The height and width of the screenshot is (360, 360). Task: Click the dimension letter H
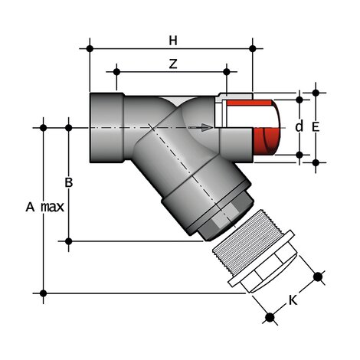[173, 38]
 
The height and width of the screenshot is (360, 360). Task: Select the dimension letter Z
[173, 64]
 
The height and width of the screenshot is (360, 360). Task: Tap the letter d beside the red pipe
[299, 126]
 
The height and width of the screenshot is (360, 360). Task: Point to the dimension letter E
[316, 126]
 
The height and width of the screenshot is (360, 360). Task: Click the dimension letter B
[68, 182]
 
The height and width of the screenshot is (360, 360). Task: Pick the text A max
[44, 207]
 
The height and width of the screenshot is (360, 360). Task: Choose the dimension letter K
[293, 299]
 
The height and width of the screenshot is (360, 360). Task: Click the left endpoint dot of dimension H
[90, 48]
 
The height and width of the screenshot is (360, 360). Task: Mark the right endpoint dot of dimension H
[253, 48]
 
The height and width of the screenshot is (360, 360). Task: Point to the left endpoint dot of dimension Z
[116, 73]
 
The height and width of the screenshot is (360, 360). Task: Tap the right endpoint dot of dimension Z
[227, 73]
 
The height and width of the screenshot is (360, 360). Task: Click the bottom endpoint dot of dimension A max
[44, 292]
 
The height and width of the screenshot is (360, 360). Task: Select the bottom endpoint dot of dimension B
[69, 241]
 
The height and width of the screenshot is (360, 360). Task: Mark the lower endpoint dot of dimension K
[268, 316]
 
